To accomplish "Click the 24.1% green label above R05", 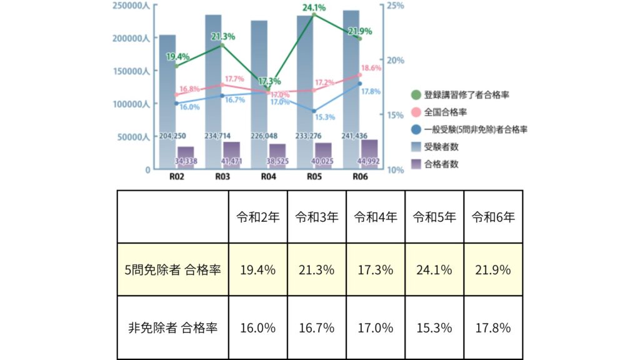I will pyautogui.click(x=314, y=8).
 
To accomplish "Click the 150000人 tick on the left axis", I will pyautogui.click(x=131, y=71).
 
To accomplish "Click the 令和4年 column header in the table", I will pyautogui.click(x=376, y=217).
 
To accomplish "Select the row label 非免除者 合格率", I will pyautogui.click(x=172, y=327).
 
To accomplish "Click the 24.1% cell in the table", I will pyautogui.click(x=434, y=270).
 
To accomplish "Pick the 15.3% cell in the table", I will pyautogui.click(x=434, y=327).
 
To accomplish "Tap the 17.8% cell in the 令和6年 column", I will pyautogui.click(x=493, y=327).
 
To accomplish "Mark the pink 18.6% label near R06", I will pyautogui.click(x=371, y=68).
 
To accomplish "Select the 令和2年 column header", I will pyautogui.click(x=257, y=217).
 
